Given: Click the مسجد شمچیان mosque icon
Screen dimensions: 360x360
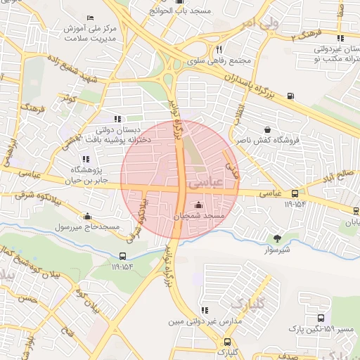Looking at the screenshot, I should click(198, 205).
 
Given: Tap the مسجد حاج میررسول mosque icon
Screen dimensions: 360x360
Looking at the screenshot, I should click(86, 217).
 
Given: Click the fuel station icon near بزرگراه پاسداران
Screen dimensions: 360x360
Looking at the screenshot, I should click(290, 95).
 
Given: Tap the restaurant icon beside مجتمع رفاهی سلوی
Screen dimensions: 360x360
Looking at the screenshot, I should click(219, 50).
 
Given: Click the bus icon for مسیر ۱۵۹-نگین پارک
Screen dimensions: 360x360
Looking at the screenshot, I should click(321, 319).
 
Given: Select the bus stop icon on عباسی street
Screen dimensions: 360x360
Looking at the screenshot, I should click(295, 193).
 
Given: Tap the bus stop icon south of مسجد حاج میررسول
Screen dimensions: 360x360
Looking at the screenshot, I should click(123, 256).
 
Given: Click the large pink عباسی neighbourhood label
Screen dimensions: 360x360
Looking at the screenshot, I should click(205, 182).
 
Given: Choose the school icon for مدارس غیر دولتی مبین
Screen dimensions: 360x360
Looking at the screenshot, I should click(204, 310).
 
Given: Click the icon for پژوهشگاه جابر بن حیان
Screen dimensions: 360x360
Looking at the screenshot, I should click(86, 158).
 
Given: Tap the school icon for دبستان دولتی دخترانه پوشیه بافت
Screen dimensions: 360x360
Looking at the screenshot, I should click(117, 119).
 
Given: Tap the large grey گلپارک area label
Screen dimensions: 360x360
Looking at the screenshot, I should click(246, 304).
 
